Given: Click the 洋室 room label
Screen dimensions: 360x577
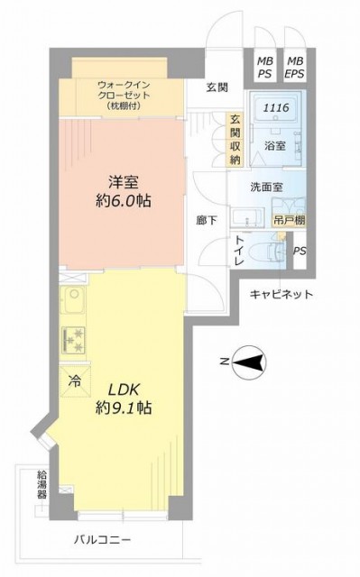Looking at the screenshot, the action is (123, 183).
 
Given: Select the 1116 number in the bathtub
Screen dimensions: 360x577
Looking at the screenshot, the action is (276, 108).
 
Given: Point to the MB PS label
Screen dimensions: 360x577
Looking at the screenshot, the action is (264, 67).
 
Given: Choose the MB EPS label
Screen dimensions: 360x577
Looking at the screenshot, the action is (294, 67).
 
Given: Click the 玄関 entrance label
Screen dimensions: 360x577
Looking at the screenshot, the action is (217, 87).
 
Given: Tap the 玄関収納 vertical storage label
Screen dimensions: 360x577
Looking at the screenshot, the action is (235, 140).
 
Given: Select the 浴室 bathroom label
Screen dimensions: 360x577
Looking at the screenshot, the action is (274, 146).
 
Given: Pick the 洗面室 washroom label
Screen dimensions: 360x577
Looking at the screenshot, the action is (266, 188).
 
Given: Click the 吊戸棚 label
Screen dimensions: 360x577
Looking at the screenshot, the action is (289, 221).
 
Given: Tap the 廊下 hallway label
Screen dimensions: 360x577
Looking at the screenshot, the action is (206, 221).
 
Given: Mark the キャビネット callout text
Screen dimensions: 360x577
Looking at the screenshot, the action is (282, 295).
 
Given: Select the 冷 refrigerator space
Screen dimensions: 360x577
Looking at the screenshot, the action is (75, 381).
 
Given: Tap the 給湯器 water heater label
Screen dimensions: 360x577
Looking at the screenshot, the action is (42, 484).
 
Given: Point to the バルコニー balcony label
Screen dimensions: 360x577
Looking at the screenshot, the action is (102, 540).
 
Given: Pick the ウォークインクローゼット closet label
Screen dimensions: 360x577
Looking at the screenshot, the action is (124, 96).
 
